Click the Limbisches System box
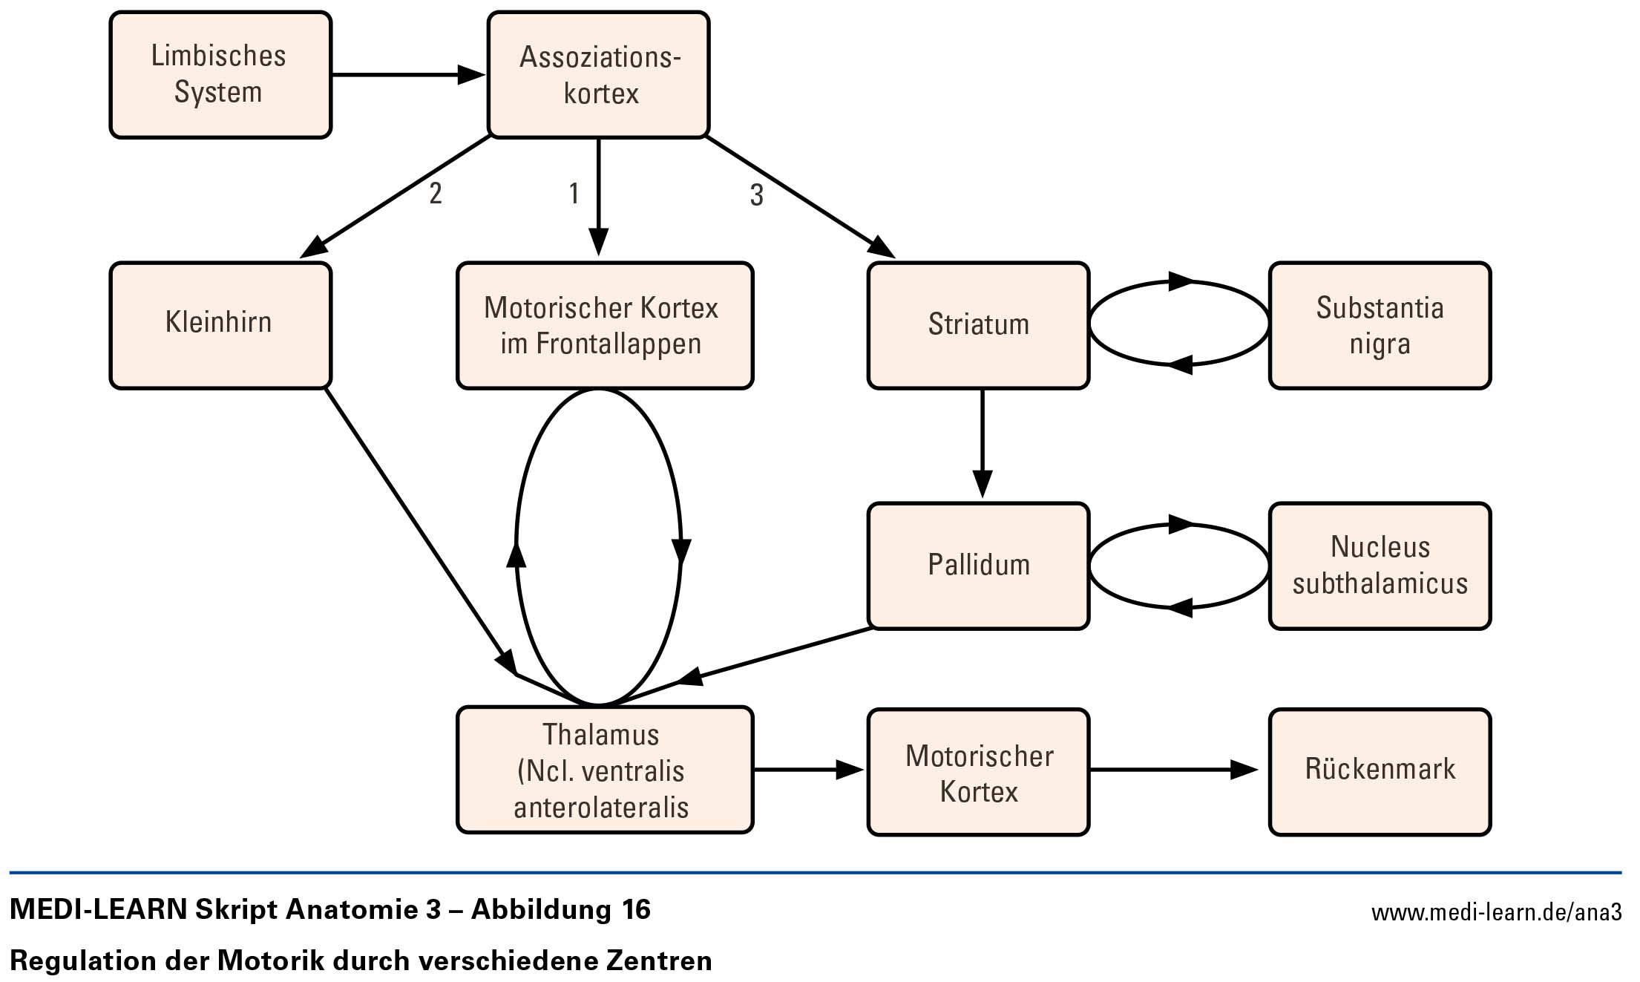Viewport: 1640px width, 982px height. (x=220, y=75)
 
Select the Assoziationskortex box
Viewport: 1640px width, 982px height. (x=599, y=75)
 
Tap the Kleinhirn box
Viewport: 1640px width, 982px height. (x=220, y=325)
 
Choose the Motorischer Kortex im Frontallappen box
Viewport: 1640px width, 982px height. (x=605, y=325)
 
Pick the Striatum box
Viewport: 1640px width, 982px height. (x=979, y=325)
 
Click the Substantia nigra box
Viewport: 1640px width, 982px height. (x=1380, y=325)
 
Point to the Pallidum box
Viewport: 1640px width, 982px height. (x=979, y=566)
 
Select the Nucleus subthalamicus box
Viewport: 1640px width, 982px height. (x=1380, y=566)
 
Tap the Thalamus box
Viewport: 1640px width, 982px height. (x=605, y=770)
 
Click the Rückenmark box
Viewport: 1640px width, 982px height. (x=1380, y=772)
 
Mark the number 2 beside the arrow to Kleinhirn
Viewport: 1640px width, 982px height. (x=436, y=194)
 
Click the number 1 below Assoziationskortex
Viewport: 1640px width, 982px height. (x=574, y=194)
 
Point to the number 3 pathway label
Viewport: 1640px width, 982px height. (x=756, y=195)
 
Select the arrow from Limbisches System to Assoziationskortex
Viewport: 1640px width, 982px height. (x=408, y=74)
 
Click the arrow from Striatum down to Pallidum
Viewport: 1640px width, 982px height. (x=983, y=443)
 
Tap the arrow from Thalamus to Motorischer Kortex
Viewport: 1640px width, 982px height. (x=809, y=770)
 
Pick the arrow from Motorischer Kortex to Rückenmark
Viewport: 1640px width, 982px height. (x=1174, y=770)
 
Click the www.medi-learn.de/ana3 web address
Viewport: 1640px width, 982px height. (x=1496, y=912)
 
